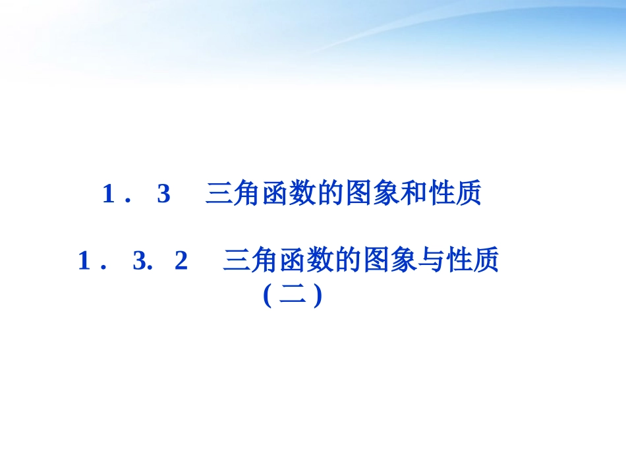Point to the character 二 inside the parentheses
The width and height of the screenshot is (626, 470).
coord(292,295)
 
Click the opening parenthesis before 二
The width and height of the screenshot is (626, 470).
coord(267,296)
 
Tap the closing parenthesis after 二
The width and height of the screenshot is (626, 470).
coord(317,296)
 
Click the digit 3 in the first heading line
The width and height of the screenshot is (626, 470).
coord(163,194)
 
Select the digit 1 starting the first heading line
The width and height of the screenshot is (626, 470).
coord(109,194)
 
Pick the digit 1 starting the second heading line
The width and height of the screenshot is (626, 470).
coord(84,262)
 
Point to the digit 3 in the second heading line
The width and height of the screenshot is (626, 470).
coord(138,262)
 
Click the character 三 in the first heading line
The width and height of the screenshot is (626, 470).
coord(218,194)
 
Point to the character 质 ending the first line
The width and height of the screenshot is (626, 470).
coord(469,194)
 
